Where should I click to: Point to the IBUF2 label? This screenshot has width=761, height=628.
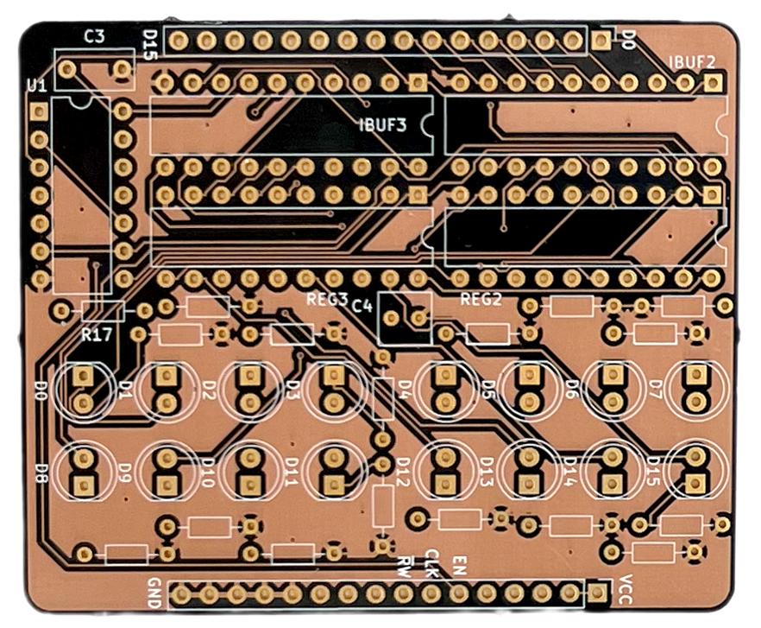692,62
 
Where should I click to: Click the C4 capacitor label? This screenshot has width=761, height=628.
362,305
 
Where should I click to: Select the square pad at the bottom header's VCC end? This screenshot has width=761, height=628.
596,593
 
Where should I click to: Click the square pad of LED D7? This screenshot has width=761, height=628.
695,374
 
